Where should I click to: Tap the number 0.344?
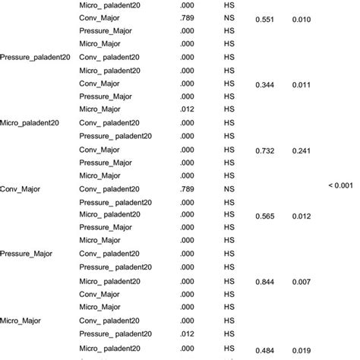[x=270, y=84]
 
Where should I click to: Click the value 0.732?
[x=270, y=150]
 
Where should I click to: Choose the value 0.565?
[x=270, y=216]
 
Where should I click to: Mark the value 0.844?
[x=270, y=282]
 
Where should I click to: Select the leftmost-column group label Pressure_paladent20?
[x=33, y=57]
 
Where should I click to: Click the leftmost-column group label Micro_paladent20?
[x=29, y=122]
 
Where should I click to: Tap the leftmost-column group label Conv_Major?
[x=21, y=188]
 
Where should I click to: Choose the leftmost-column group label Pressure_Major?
[x=25, y=254]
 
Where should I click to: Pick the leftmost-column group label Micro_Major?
[x=21, y=320]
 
